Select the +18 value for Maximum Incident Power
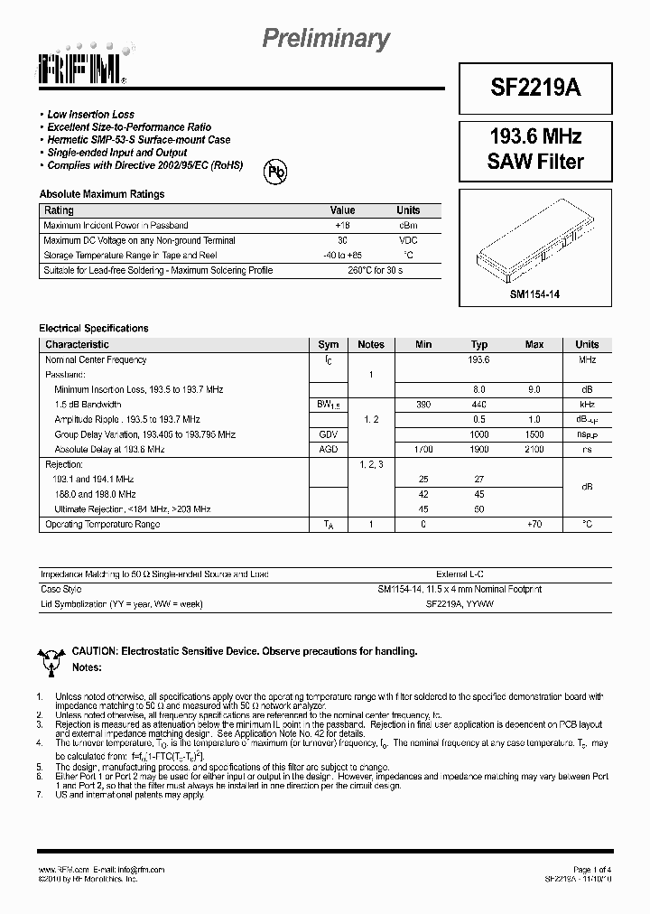pos(342,225)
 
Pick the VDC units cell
pos(408,240)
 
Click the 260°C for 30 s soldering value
pos(376,270)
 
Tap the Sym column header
pos(329,344)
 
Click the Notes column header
pos(370,344)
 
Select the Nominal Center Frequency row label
pos(96,359)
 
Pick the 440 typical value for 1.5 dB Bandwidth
pos(478,405)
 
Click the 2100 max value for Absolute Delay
pos(534,449)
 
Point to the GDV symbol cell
pos(328,434)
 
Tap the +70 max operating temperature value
pos(534,524)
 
